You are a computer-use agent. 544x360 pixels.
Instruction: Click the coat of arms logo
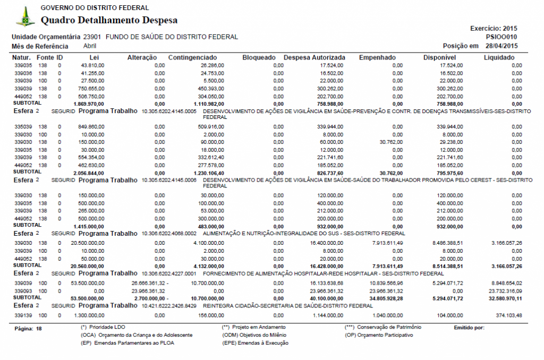pyautogui.click(x=25, y=17)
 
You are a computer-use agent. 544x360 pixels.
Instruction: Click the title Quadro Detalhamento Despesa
pyautogui.click(x=109, y=21)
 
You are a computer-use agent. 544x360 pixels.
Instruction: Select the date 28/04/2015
pyautogui.click(x=501, y=46)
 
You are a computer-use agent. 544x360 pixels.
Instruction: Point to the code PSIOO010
pyautogui.click(x=501, y=37)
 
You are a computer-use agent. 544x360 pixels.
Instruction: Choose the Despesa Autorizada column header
pyautogui.click(x=314, y=57)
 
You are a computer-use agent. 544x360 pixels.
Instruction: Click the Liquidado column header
pyautogui.click(x=503, y=57)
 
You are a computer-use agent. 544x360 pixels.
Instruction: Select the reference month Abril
pyautogui.click(x=90, y=46)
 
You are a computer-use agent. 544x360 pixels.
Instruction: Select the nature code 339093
pyautogui.click(x=23, y=291)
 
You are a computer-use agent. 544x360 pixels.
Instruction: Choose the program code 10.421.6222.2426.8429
pyautogui.click(x=169, y=306)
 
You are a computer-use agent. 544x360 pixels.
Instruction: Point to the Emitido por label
pyautogui.click(x=469, y=328)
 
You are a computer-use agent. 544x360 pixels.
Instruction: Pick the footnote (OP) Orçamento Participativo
pyautogui.click(x=379, y=335)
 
